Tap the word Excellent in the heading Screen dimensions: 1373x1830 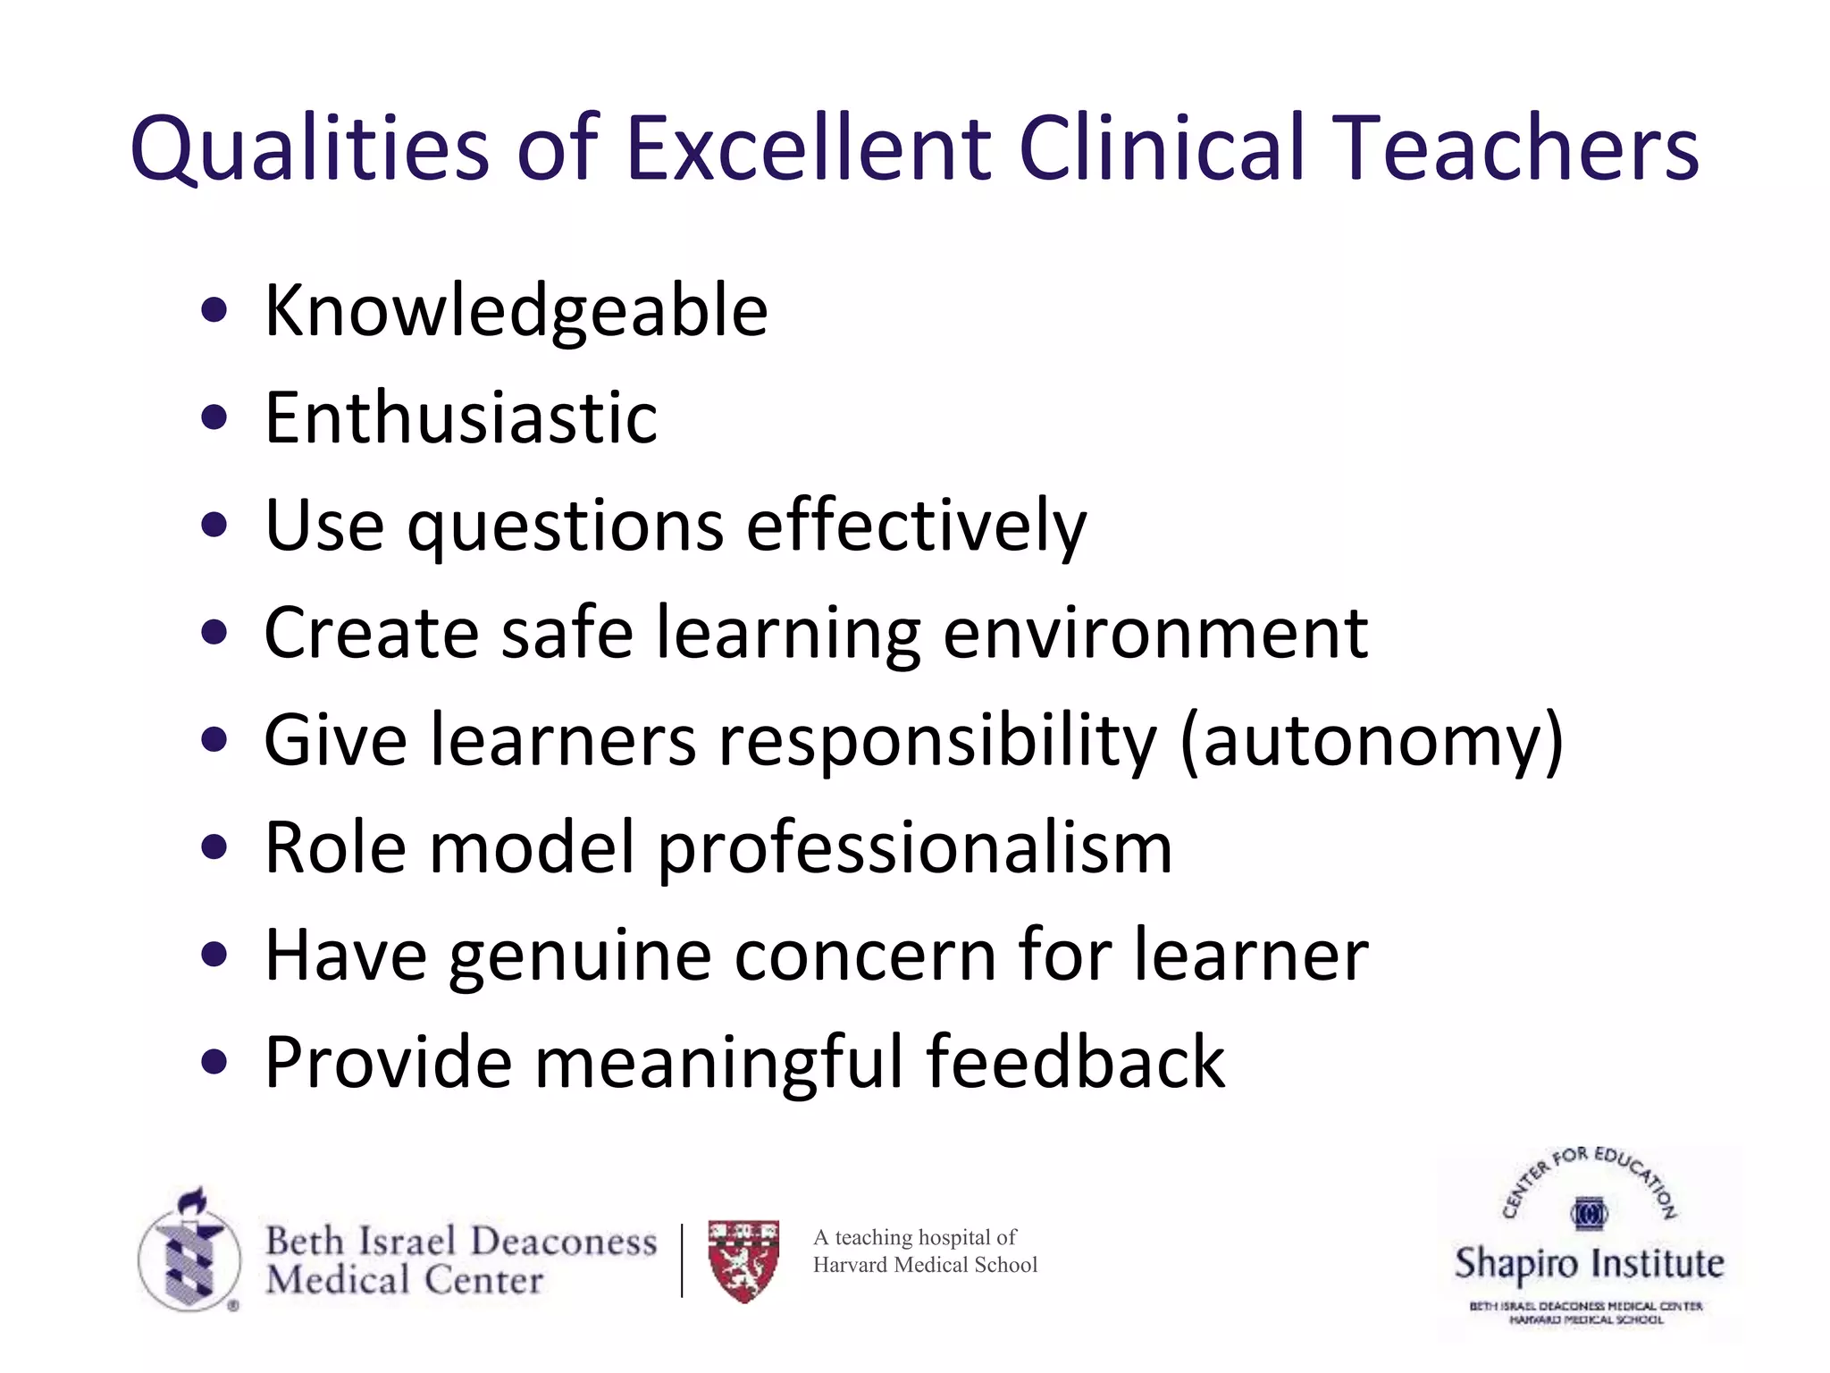pyautogui.click(x=809, y=147)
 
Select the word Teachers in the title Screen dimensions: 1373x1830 pyautogui.click(x=1520, y=147)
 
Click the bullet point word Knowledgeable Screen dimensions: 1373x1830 pyautogui.click(x=516, y=311)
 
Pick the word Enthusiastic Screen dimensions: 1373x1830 pyautogui.click(x=461, y=417)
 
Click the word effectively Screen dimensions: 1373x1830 pyautogui.click(x=916, y=526)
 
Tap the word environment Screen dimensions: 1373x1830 pyautogui.click(x=1154, y=633)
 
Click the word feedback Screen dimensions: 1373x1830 pyautogui.click(x=1075, y=1062)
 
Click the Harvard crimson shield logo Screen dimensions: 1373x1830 pyautogui.click(x=743, y=1260)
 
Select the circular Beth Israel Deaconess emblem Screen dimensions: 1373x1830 pyautogui.click(x=189, y=1251)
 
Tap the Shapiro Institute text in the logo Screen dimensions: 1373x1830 pyautogui.click(x=1589, y=1264)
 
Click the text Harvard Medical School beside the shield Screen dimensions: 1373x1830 pyautogui.click(x=925, y=1265)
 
